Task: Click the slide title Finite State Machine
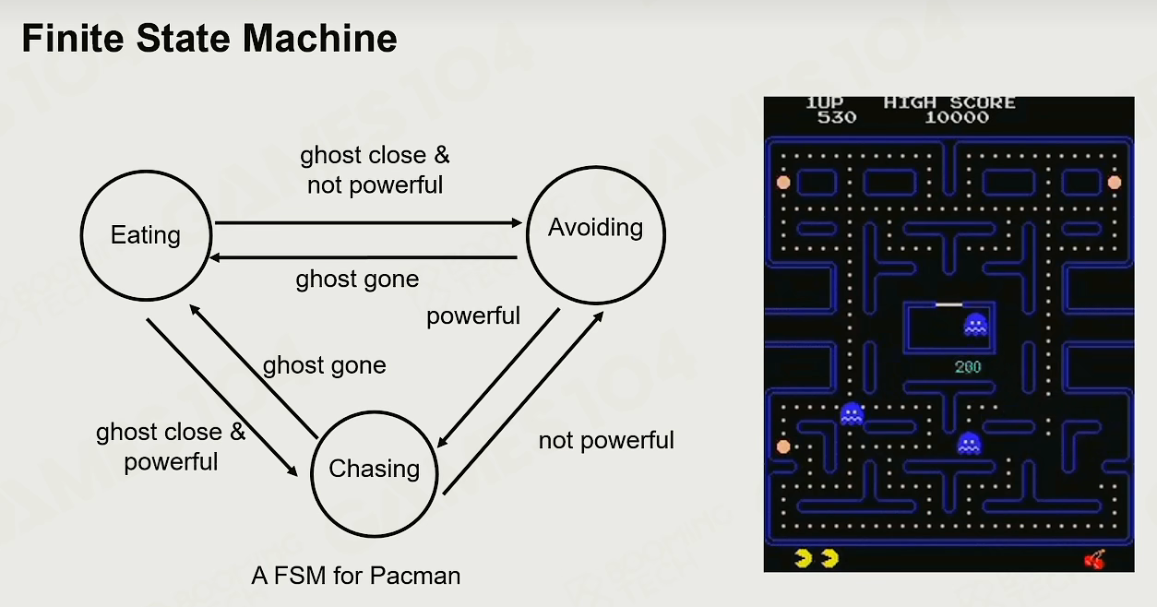pyautogui.click(x=209, y=38)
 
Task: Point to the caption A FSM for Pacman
pyautogui.click(x=356, y=576)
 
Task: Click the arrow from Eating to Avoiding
pyautogui.click(x=368, y=222)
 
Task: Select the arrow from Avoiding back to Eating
pyautogui.click(x=364, y=257)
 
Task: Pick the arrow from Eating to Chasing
pyautogui.click(x=222, y=398)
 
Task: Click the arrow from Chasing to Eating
pyautogui.click(x=254, y=372)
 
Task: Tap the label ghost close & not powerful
pyautogui.click(x=375, y=170)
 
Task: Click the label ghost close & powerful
pyautogui.click(x=171, y=446)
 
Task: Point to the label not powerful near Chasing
pyautogui.click(x=606, y=441)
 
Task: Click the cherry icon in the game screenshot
pyautogui.click(x=1094, y=559)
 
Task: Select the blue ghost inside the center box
pyautogui.click(x=976, y=325)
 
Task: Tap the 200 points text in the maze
pyautogui.click(x=968, y=367)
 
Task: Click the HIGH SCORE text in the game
pyautogui.click(x=949, y=102)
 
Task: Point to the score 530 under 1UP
pyautogui.click(x=837, y=117)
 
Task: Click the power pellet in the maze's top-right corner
pyautogui.click(x=1115, y=183)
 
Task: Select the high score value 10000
pyautogui.click(x=957, y=117)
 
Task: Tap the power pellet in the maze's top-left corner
pyautogui.click(x=783, y=183)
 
